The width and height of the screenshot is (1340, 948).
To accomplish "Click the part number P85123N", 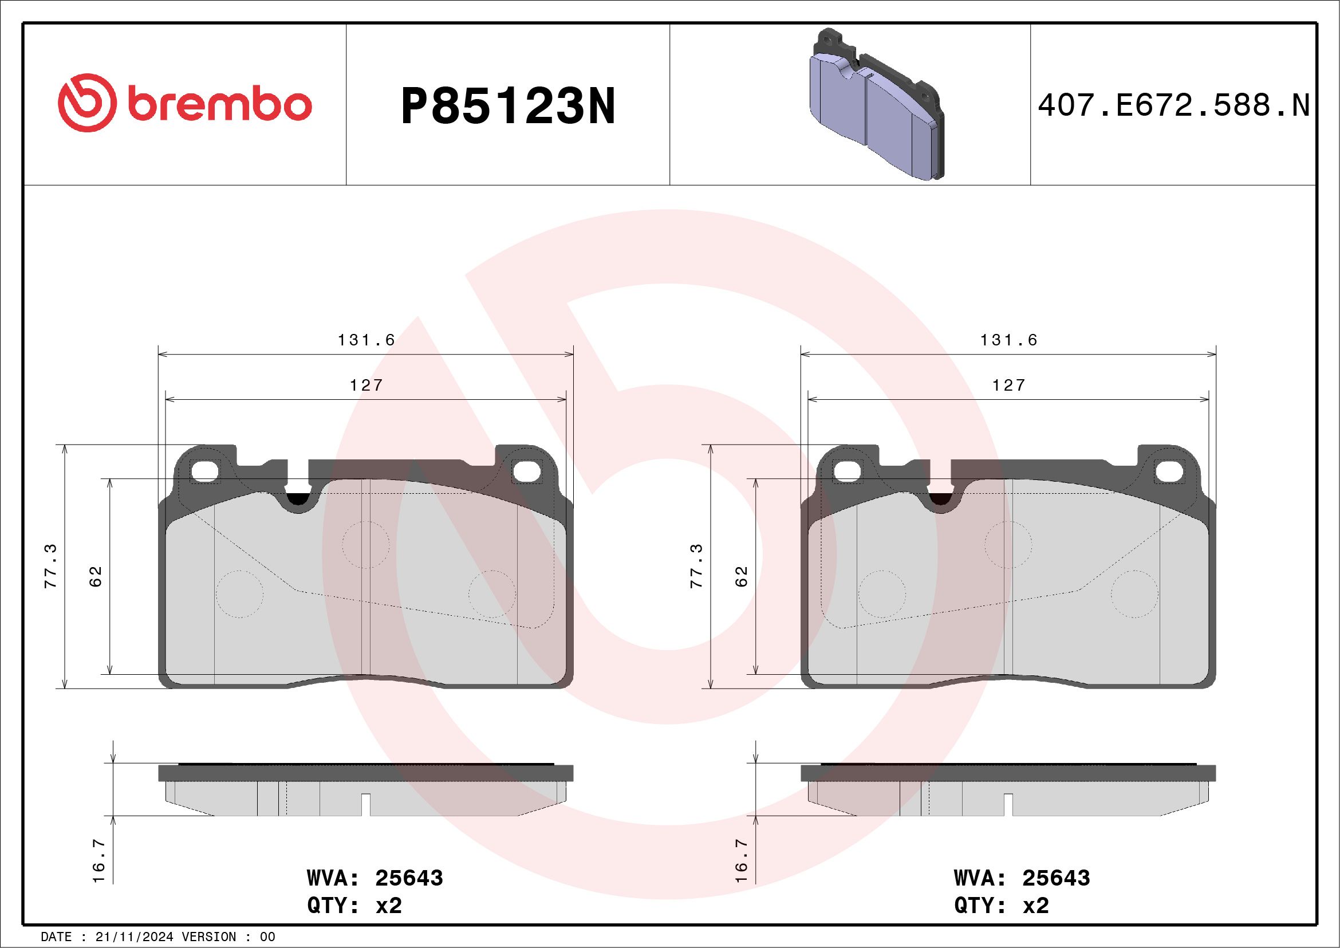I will point(508,106).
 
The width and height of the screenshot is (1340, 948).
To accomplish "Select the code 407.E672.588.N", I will point(1174,106).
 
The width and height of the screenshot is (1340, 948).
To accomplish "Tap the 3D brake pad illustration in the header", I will point(877,105).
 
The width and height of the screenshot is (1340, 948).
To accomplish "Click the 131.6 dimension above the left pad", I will point(366,340).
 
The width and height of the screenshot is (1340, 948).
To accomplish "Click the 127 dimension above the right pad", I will point(1009,386).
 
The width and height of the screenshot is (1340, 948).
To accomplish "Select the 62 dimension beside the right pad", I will point(741,576).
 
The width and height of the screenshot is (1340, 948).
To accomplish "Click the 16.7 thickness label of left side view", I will point(98,860).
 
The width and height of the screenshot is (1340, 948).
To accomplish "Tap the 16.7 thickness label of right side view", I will point(741,860).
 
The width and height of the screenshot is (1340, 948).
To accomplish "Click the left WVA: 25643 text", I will point(375,878).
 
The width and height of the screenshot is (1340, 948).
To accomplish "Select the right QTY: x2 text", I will point(1002,906).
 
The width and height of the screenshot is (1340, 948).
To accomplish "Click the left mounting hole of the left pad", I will point(204,471).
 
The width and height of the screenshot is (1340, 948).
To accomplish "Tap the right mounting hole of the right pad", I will point(1169,471).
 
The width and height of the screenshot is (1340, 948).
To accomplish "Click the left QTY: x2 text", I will point(354,906).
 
